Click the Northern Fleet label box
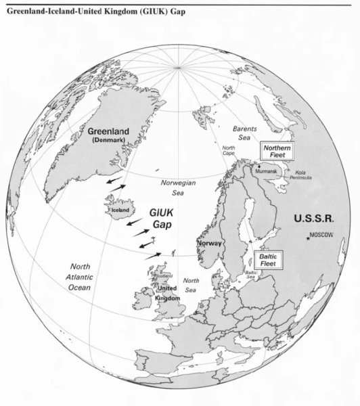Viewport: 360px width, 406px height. [276, 150]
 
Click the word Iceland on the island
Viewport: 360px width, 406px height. [119, 210]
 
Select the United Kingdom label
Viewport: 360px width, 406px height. [166, 292]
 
